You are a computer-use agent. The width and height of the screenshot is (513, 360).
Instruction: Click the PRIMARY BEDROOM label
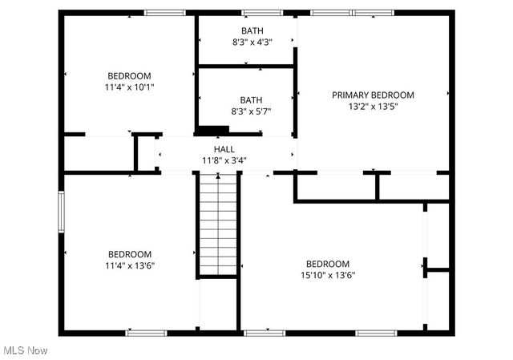click(x=373, y=95)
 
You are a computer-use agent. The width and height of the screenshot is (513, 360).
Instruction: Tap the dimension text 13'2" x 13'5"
click(x=373, y=106)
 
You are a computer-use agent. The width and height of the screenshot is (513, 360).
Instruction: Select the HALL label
click(x=224, y=149)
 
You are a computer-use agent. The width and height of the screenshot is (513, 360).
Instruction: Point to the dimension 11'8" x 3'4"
click(x=224, y=160)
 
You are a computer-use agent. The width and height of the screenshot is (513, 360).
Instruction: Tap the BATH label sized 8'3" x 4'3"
click(x=252, y=31)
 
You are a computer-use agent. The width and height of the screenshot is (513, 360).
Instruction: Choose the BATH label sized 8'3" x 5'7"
click(x=251, y=100)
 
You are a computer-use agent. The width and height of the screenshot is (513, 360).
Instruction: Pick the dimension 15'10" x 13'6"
click(x=328, y=275)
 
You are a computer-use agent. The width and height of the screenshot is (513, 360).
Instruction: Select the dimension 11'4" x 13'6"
click(x=129, y=265)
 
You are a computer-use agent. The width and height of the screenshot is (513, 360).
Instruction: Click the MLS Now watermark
click(x=25, y=350)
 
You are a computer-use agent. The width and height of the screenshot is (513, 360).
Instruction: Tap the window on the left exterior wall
click(x=59, y=212)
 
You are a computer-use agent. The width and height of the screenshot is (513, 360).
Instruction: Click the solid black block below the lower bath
click(x=213, y=130)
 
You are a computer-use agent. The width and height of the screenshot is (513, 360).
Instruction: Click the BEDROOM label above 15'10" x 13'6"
click(x=328, y=264)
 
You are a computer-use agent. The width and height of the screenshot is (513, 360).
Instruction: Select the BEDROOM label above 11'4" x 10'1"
click(x=129, y=76)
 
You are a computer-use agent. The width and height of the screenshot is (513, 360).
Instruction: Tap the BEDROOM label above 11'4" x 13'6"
click(x=129, y=253)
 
